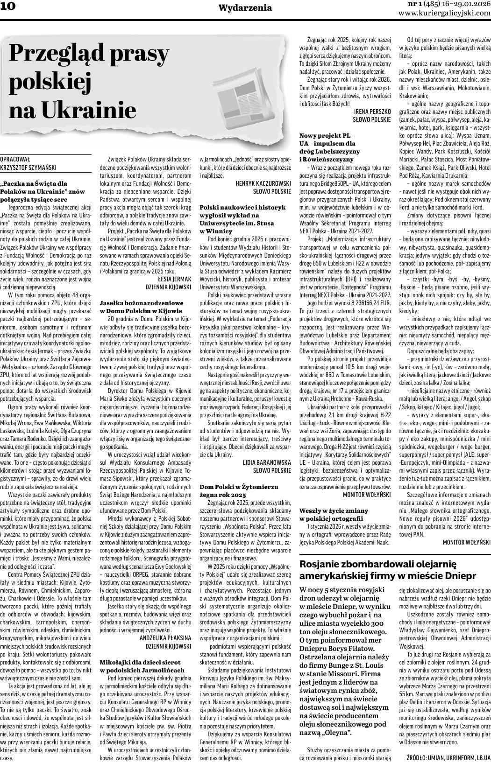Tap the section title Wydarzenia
point(245,7)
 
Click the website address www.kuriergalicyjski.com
point(444,13)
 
